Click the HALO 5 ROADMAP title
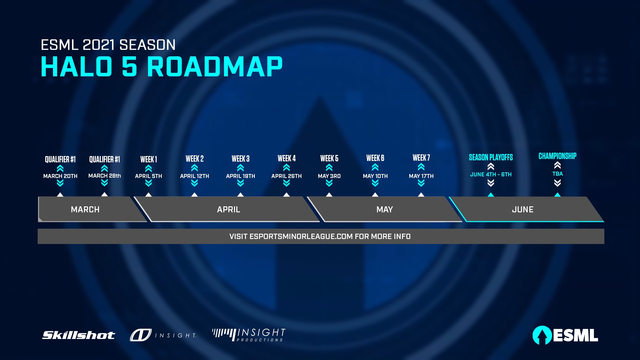(162, 67)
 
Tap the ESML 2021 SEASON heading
(108, 45)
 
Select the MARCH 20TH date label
(60, 176)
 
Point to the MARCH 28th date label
(105, 176)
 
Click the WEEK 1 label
(149, 159)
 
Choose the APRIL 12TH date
(195, 176)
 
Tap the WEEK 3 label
(241, 159)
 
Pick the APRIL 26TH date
(287, 176)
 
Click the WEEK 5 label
(329, 158)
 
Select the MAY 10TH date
(375, 176)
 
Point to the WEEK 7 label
(421, 158)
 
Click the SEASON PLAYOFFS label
(491, 157)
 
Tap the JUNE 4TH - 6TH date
(491, 174)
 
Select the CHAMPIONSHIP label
(557, 156)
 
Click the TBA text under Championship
(557, 174)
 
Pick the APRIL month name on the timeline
(229, 209)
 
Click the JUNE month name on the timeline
(523, 209)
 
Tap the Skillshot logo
(79, 335)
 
